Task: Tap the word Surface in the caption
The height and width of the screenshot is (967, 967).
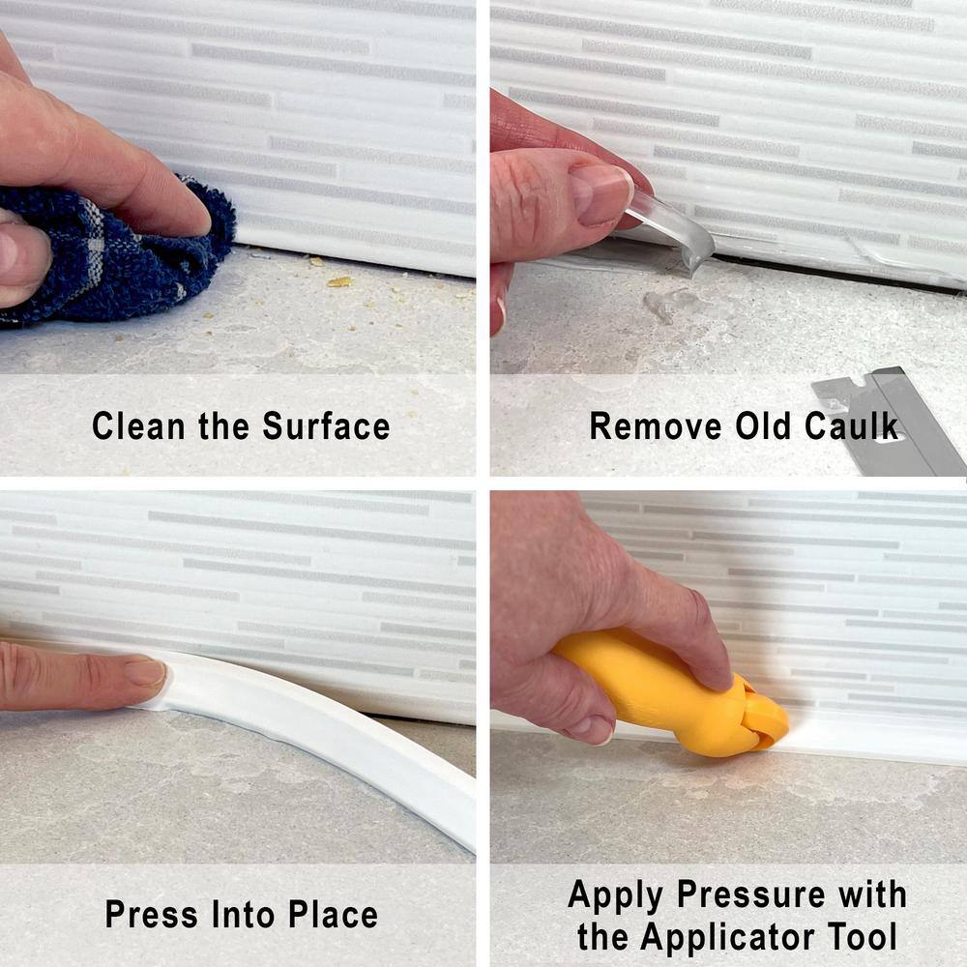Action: click(x=326, y=426)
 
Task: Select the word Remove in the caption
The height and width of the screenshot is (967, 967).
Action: click(x=656, y=426)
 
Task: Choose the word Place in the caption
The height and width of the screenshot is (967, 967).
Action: click(x=333, y=914)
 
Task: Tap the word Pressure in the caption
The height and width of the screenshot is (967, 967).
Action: click(x=750, y=894)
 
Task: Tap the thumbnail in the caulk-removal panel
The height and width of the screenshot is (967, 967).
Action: click(x=599, y=192)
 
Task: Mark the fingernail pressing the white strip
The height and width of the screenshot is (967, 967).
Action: click(x=146, y=672)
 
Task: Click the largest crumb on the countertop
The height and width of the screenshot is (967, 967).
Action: click(x=339, y=281)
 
